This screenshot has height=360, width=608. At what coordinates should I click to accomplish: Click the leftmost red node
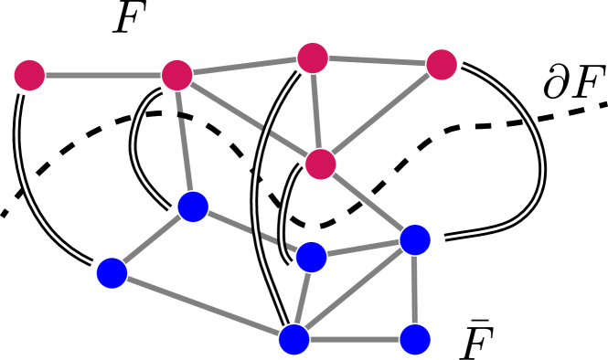click(x=29, y=75)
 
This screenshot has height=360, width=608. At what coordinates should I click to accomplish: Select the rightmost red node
click(x=442, y=64)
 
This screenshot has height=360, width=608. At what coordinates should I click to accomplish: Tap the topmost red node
click(x=313, y=58)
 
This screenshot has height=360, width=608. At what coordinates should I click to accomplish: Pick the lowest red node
click(x=320, y=164)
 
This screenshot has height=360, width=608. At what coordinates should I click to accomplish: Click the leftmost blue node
click(x=112, y=272)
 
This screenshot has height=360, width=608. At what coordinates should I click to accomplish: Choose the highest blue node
click(x=193, y=206)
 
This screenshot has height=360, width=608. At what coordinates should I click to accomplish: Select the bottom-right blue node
click(x=415, y=339)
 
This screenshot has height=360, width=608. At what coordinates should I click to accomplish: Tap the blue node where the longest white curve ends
click(x=293, y=339)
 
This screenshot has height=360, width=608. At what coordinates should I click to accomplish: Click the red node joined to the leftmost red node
click(x=176, y=75)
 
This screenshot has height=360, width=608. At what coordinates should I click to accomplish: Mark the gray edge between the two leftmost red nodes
click(x=102, y=75)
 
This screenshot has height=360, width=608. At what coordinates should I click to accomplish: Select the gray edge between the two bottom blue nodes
click(x=355, y=339)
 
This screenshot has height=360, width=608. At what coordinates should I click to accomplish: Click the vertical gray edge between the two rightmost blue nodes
click(x=415, y=290)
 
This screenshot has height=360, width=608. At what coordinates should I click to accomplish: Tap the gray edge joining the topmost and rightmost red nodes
click(x=377, y=61)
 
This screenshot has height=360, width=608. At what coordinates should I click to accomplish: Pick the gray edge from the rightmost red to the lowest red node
click(x=381, y=114)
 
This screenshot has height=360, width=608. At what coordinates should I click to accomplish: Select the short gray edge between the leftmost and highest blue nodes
click(x=153, y=239)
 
